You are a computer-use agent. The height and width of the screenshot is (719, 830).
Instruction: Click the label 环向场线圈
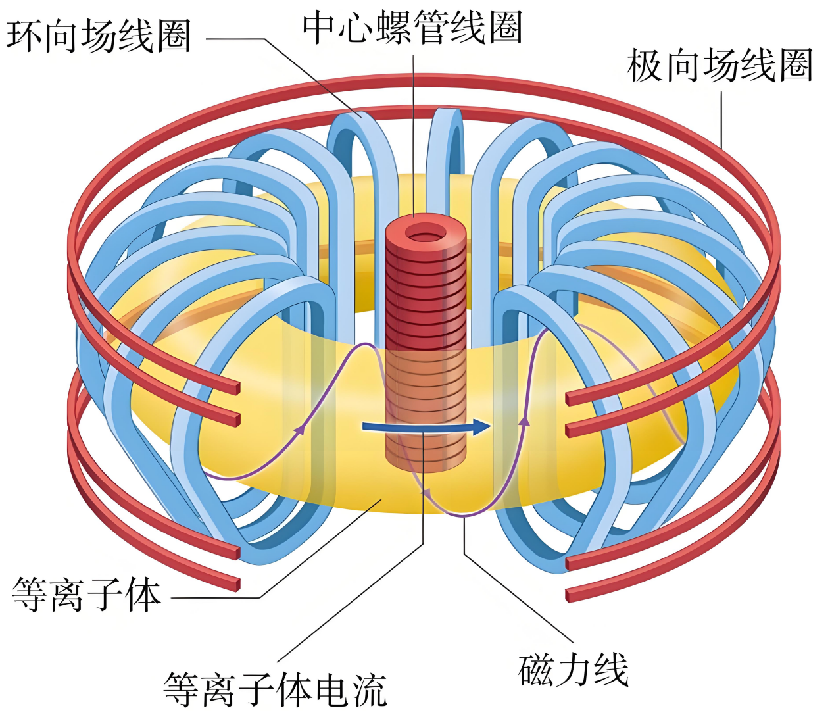[x=99, y=36]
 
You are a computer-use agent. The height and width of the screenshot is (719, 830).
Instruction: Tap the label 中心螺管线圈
[x=412, y=28]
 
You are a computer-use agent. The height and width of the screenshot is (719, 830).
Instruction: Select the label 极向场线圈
[x=720, y=66]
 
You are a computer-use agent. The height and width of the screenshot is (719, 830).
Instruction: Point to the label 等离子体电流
[x=275, y=689]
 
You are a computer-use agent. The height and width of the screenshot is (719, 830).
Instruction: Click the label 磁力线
[x=574, y=670]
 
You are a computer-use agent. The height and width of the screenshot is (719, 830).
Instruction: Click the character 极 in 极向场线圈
[x=646, y=66]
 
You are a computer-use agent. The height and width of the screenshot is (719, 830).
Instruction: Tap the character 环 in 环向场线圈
[x=25, y=36]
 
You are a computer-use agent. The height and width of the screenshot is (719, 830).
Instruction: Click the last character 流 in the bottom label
[x=370, y=689]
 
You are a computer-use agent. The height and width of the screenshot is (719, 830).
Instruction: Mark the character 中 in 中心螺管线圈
[x=320, y=28]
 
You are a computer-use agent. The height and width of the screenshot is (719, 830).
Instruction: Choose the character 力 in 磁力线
[x=574, y=670]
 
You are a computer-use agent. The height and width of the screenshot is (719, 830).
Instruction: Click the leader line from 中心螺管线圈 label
[x=413, y=132]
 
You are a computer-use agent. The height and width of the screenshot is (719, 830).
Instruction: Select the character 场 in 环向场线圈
[x=99, y=36]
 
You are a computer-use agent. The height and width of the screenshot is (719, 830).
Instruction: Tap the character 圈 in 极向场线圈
[x=796, y=66]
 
